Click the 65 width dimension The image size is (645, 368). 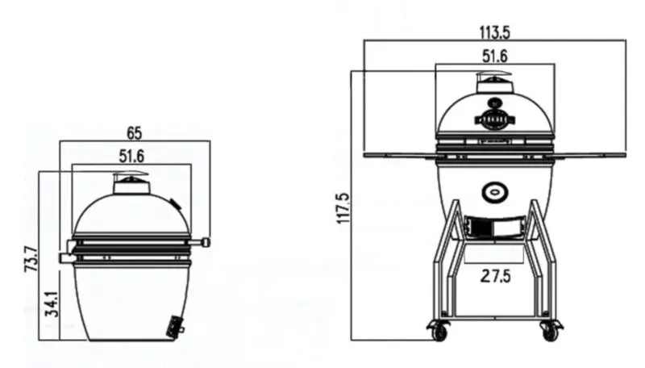point(135,132)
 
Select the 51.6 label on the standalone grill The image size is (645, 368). point(131,155)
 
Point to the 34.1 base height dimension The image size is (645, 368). point(50,303)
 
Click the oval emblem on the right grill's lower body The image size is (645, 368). point(494,191)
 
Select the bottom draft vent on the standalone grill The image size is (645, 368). point(174,328)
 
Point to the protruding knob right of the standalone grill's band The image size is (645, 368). point(206,242)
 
